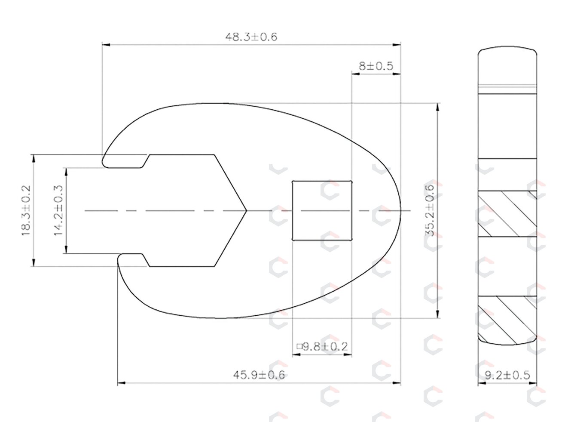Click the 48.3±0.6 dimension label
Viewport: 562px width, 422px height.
point(251,37)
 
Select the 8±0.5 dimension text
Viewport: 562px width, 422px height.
point(376,66)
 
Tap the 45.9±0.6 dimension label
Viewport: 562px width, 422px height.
point(259,375)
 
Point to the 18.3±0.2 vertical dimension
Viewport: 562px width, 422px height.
point(26,211)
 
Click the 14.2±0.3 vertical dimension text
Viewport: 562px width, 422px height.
point(58,211)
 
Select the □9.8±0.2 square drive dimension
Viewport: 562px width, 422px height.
point(322,347)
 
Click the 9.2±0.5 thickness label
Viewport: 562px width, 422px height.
point(507,376)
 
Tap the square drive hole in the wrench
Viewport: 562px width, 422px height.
point(322,211)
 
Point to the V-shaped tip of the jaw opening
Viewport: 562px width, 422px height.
point(246,211)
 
